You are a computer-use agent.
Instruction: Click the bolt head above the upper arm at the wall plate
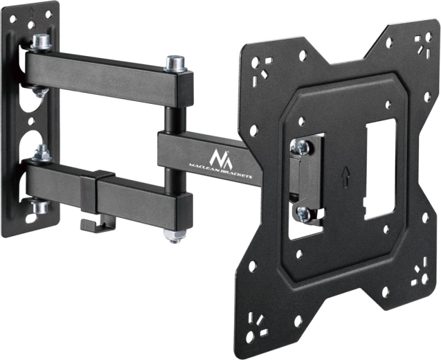coord(40,42)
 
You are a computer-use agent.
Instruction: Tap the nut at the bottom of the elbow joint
coord(173,235)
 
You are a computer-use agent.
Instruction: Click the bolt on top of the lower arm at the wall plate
coord(42,153)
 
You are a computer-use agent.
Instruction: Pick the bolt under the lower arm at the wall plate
coord(38,207)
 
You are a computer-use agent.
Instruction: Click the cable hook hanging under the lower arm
coord(88,225)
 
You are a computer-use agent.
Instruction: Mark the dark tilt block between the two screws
coord(303,180)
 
